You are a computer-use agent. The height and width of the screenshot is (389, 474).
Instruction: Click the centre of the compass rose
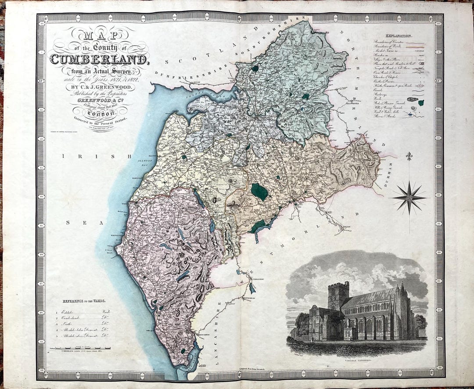[x=409, y=198]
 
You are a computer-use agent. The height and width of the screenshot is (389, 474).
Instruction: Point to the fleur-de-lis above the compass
[x=409, y=156]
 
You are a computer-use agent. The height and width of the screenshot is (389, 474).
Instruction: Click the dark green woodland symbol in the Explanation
[x=421, y=103]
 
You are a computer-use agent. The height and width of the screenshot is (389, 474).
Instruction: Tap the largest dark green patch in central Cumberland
[x=259, y=192]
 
